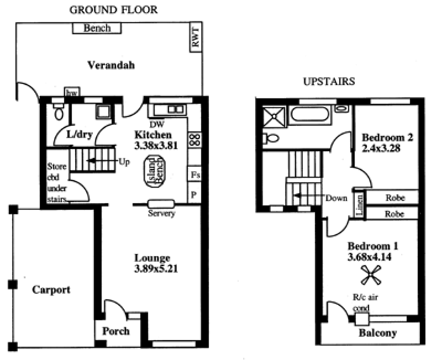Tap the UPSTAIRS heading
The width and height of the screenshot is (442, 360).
click(x=329, y=82)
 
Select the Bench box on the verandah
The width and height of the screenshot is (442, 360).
click(x=97, y=28)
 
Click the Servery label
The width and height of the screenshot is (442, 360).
click(x=161, y=214)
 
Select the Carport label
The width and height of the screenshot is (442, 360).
click(x=51, y=289)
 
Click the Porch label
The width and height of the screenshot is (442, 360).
click(x=116, y=331)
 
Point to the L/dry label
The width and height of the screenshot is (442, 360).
click(x=78, y=134)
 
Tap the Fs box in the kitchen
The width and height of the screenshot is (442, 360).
click(x=194, y=175)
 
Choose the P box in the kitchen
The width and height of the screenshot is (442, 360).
click(x=194, y=194)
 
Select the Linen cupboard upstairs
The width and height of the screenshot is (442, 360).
click(x=359, y=205)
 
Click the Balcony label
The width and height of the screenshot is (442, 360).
click(x=378, y=333)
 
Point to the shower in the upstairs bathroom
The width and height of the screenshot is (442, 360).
click(x=273, y=117)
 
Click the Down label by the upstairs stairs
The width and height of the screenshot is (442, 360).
click(x=336, y=198)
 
